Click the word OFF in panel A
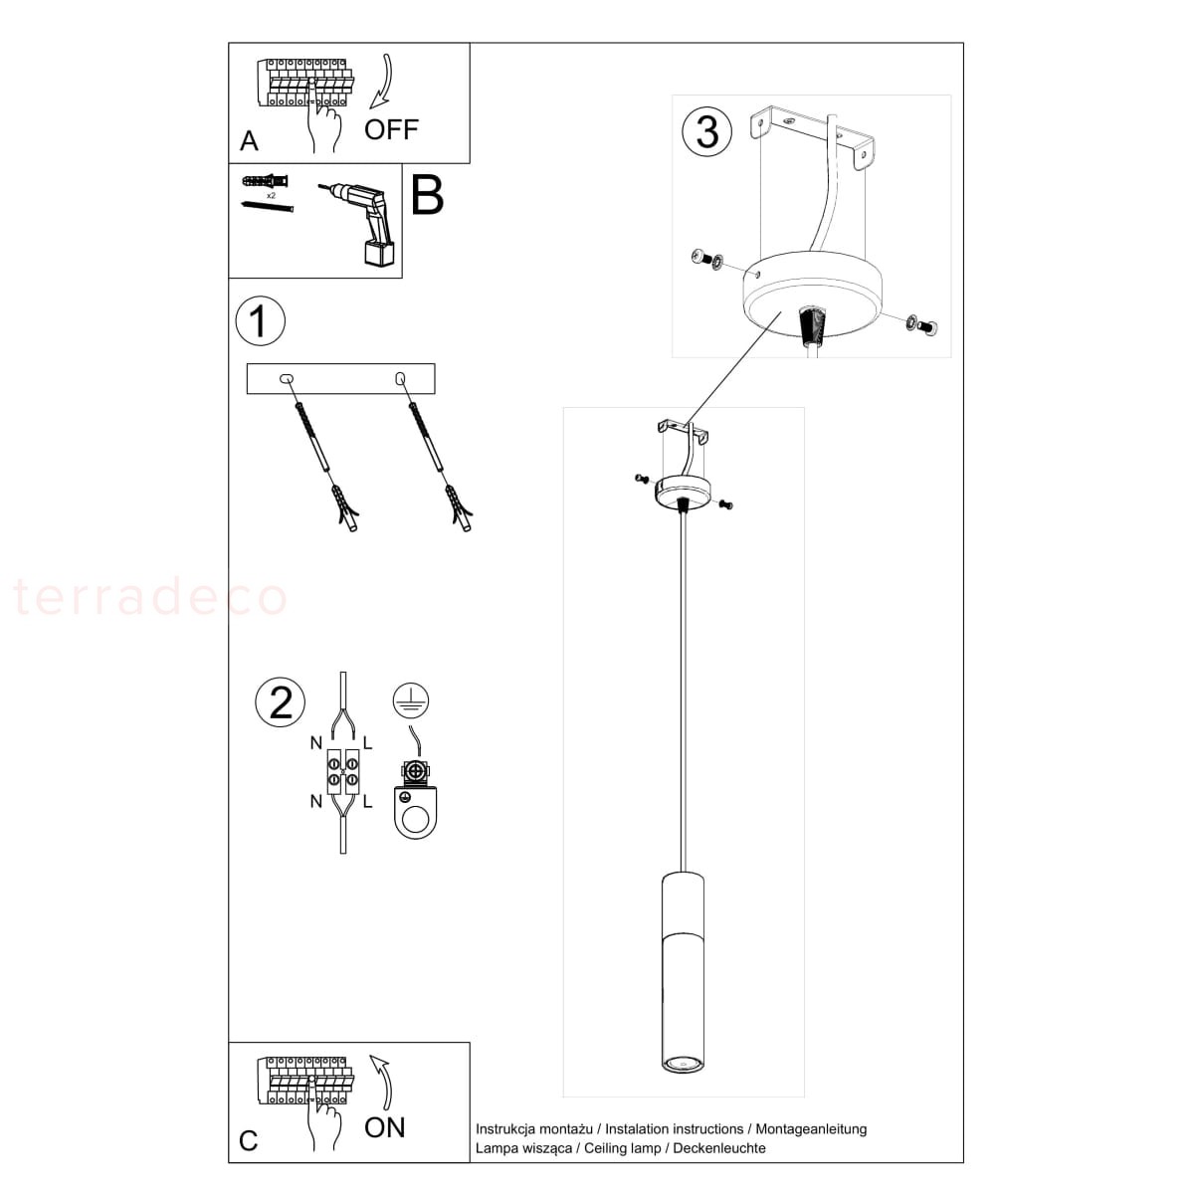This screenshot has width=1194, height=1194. [x=391, y=129]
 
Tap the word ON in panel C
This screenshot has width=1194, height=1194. [x=384, y=1127]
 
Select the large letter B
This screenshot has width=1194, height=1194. [x=427, y=196]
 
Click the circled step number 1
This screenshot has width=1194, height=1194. [x=261, y=321]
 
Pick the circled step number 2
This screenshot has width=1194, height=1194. [x=280, y=702]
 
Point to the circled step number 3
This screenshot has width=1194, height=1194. [x=706, y=131]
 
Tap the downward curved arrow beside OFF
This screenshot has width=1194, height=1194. [x=383, y=83]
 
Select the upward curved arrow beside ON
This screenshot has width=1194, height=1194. [x=382, y=1082]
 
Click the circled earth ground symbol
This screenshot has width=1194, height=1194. [x=411, y=700]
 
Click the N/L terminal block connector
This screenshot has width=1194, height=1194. [x=342, y=771]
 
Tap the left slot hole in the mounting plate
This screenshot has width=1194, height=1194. [x=287, y=378]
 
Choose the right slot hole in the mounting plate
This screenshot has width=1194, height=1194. [x=400, y=378]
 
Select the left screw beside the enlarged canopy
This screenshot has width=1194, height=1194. [x=707, y=258]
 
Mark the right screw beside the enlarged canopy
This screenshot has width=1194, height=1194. [x=921, y=324]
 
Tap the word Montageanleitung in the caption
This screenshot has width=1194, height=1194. [x=811, y=1129]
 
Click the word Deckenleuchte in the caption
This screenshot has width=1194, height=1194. [x=718, y=1147]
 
